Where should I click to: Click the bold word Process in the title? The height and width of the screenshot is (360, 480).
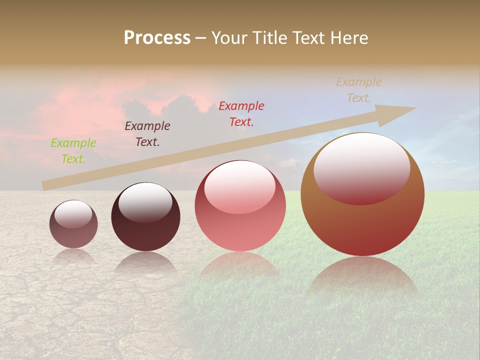157,38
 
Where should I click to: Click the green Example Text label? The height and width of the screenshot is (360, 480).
73,150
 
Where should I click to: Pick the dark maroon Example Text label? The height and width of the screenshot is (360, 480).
147,133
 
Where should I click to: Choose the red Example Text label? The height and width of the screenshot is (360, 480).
241,113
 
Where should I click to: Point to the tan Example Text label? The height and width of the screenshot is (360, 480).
358,90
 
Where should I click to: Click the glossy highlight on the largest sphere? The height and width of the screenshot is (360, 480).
361,167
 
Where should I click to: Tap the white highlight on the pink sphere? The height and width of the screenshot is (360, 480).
239,186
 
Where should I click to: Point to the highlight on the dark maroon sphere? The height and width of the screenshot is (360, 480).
145,201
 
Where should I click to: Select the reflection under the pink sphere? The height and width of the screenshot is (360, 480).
240,264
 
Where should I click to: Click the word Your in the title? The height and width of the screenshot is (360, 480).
230,38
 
